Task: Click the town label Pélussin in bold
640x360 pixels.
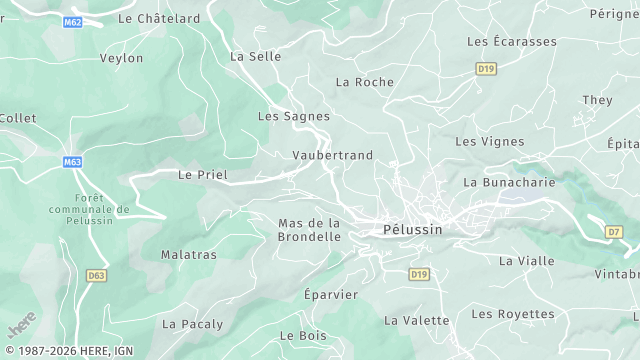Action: [x=412, y=230]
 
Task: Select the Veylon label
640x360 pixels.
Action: [x=121, y=58]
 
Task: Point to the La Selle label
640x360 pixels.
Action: [x=256, y=57]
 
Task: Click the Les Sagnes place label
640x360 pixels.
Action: [x=294, y=116]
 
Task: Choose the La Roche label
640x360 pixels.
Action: [x=365, y=82]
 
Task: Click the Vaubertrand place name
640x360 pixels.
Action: [x=332, y=155]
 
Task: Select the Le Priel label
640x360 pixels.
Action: [x=203, y=175]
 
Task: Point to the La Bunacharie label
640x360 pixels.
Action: [x=509, y=183]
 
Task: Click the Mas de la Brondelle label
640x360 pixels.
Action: [x=309, y=230]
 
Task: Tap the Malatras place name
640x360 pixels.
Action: [x=189, y=255]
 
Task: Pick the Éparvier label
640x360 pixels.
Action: [x=330, y=295]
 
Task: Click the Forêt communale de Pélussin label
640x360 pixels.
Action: [x=89, y=209]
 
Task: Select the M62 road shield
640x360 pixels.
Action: [x=71, y=21]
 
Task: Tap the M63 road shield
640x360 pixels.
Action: [x=72, y=162]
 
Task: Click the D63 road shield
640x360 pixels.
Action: [x=96, y=275]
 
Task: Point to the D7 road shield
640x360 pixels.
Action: [x=614, y=232]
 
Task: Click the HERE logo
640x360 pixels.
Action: [x=21, y=328]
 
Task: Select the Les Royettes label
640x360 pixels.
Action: [x=512, y=314]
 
